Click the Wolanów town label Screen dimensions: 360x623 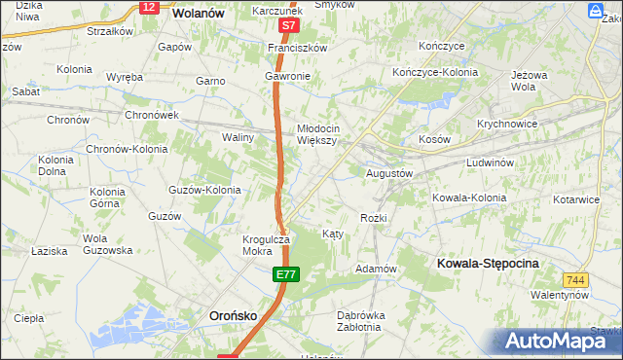(x=199, y=14)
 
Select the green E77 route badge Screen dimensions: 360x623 (x=284, y=276)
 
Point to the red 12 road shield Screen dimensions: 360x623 (x=148, y=7)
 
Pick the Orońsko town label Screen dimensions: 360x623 (x=234, y=315)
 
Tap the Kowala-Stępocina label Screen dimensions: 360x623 (x=488, y=264)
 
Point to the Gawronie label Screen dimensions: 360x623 (x=287, y=76)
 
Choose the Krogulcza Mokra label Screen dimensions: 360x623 (x=267, y=244)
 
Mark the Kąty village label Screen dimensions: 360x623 (x=332, y=234)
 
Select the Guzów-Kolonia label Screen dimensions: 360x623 (x=204, y=190)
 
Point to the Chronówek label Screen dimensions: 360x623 (x=151, y=114)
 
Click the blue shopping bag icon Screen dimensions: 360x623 (x=596, y=11)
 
